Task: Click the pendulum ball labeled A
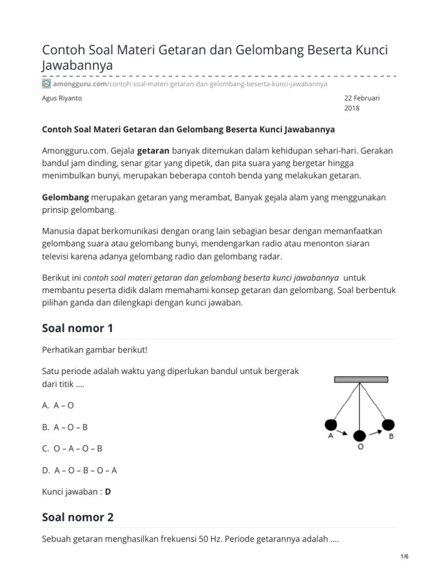(330, 424)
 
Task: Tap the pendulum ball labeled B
(388, 424)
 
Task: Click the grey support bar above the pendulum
(361, 379)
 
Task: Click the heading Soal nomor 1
(78, 328)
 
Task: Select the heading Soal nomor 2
(78, 517)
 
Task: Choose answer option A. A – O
(58, 405)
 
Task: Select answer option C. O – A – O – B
(72, 448)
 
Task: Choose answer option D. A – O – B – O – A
(79, 470)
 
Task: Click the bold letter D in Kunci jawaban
(107, 492)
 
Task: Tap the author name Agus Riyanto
(62, 98)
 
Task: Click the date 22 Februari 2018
(361, 103)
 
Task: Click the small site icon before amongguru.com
(47, 83)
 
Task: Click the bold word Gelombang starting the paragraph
(66, 197)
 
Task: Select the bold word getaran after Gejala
(153, 151)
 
